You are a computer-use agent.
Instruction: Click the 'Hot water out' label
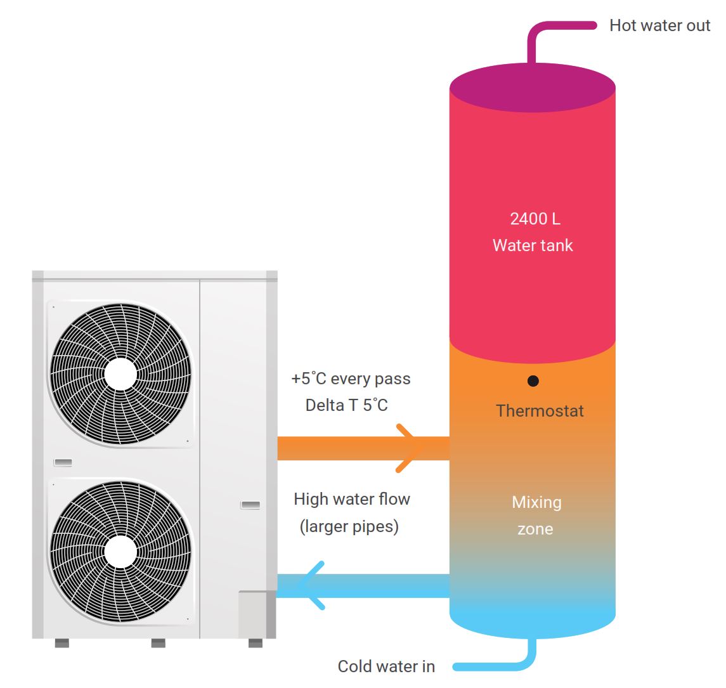pos(659,26)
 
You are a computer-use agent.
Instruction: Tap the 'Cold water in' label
pos(386,666)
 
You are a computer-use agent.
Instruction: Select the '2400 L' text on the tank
pos(535,219)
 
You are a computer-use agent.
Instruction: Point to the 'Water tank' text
pos(533,245)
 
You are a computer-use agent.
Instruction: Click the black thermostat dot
pos(533,381)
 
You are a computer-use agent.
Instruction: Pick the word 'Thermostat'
pos(540,411)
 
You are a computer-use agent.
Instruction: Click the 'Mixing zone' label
pos(536,516)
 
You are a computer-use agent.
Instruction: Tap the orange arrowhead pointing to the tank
pos(409,448)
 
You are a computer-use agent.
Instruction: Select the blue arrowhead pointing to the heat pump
pos(311,586)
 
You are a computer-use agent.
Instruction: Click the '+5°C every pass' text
pos(351,379)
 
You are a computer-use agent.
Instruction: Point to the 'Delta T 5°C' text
pos(346,405)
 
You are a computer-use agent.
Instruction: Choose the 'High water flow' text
pos(352,500)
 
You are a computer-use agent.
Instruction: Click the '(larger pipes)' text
pos(349,526)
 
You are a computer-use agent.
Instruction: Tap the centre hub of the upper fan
pos(120,374)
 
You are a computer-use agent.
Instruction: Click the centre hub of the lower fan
pos(120,551)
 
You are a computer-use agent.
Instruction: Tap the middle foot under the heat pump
pos(158,643)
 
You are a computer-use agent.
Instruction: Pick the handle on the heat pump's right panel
pos(250,505)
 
